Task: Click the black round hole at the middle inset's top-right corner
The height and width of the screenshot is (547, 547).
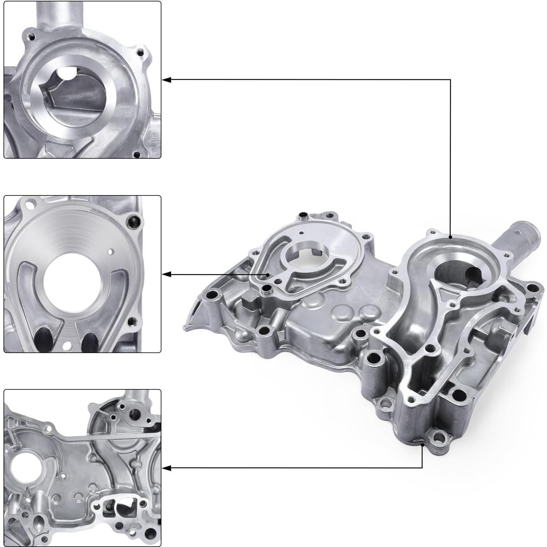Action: point(134,221)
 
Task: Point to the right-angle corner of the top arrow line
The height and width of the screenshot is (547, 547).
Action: point(450,80)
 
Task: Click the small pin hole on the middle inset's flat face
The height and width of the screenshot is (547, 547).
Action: point(111,252)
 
